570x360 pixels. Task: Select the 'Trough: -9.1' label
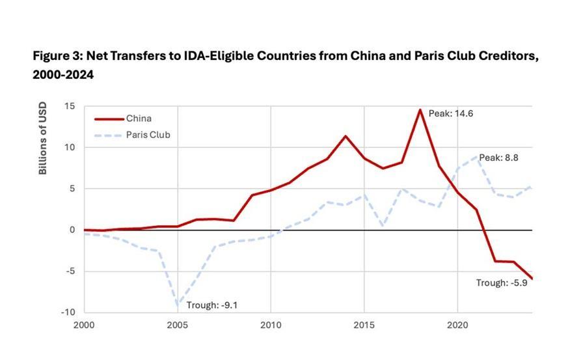click(x=211, y=305)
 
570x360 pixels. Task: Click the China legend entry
click(x=139, y=118)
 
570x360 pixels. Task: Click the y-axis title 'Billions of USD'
click(x=43, y=138)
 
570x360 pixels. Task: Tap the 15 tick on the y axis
click(x=70, y=106)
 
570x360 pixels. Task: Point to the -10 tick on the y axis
click(x=68, y=312)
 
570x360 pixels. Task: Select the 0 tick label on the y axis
click(x=72, y=230)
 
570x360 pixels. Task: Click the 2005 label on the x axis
click(x=177, y=325)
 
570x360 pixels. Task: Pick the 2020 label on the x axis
click(x=457, y=325)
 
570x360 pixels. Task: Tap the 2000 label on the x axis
click(x=84, y=325)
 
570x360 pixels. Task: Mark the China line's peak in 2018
click(x=420, y=109)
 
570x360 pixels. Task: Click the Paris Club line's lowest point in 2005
click(x=177, y=305)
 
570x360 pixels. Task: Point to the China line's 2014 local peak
click(x=346, y=136)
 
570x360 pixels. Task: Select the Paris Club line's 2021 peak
click(x=476, y=157)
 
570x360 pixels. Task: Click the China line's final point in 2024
click(x=532, y=279)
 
